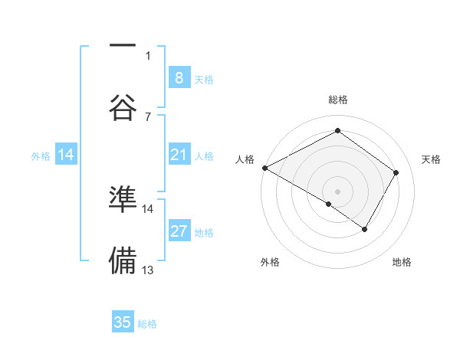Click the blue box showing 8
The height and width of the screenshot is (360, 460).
(179, 77)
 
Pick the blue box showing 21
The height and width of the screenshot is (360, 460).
(179, 155)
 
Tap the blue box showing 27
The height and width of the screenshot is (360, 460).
(179, 232)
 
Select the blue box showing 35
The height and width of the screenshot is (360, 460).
(123, 322)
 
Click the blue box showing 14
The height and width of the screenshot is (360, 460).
(66, 155)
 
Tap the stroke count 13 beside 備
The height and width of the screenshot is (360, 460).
(148, 270)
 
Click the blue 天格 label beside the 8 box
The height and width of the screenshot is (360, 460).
(204, 79)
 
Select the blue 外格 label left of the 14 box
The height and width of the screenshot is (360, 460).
(41, 156)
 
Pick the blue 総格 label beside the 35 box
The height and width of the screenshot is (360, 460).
(147, 324)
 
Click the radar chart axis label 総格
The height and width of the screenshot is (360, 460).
(337, 100)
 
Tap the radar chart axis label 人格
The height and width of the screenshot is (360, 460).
(245, 159)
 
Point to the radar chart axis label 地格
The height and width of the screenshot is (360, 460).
(402, 263)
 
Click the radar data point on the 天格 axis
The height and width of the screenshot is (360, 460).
(396, 172)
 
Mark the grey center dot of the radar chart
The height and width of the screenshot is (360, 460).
(337, 191)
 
